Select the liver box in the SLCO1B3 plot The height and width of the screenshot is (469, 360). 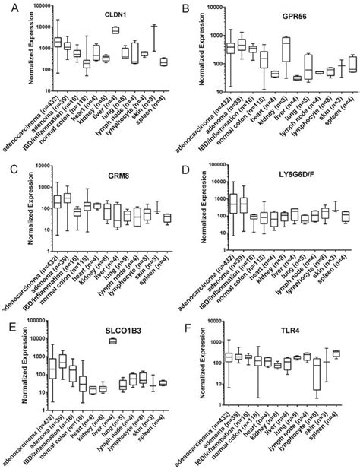coord(114,341)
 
